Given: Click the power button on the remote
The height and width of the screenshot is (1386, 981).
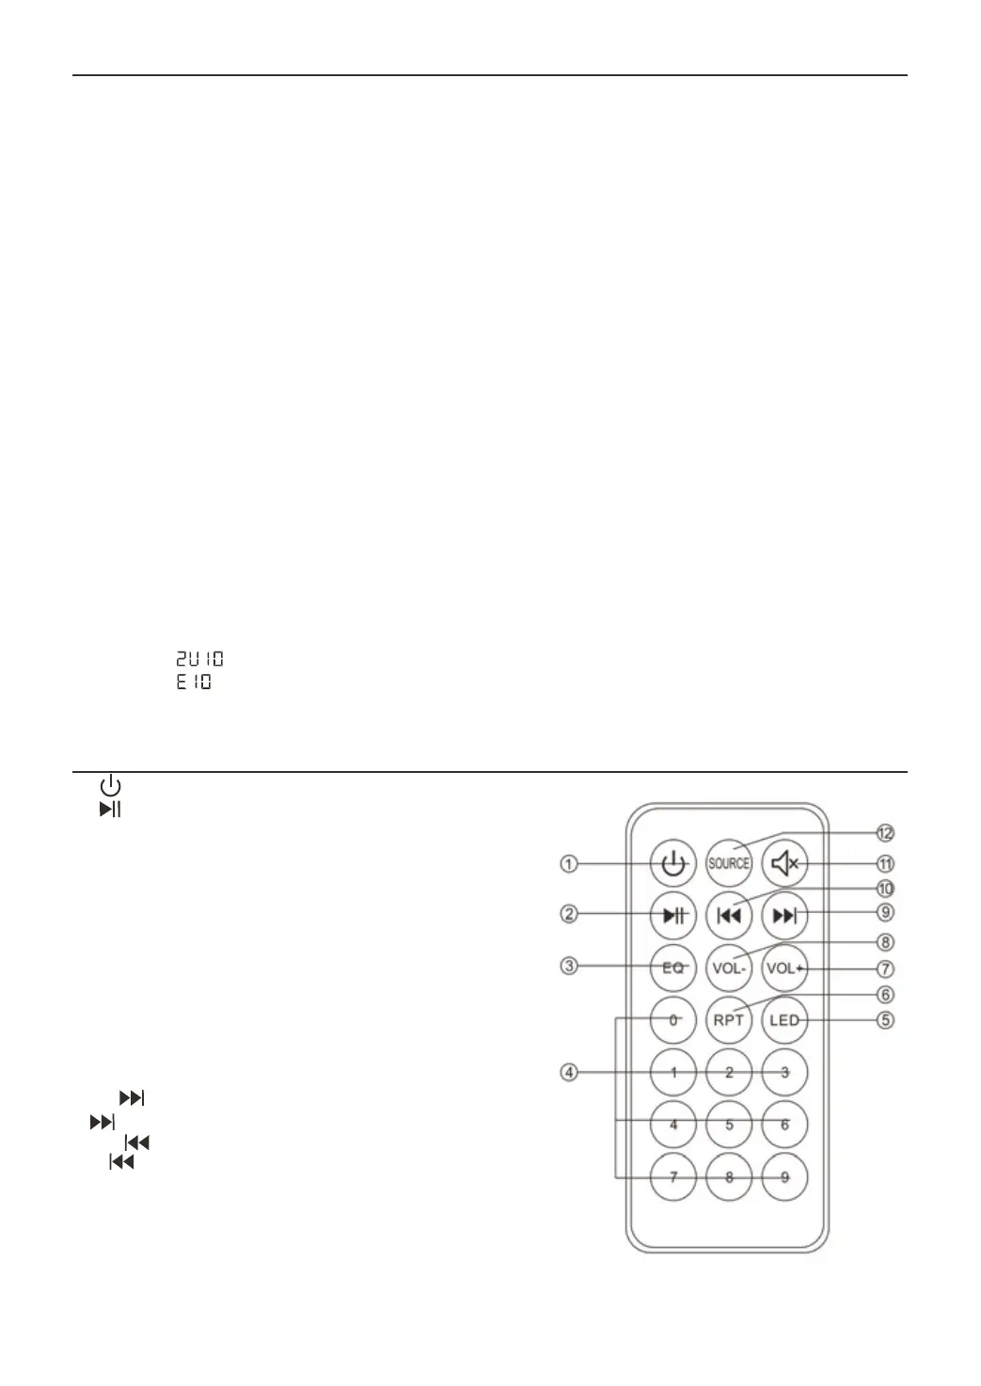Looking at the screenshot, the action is point(672,863).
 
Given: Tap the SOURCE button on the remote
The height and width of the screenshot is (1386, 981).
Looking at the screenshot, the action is point(729,863).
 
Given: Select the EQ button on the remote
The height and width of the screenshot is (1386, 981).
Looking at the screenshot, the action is point(672,968).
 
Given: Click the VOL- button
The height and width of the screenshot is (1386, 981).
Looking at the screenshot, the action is point(729,968).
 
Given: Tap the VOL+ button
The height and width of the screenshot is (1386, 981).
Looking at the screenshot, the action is point(784,968).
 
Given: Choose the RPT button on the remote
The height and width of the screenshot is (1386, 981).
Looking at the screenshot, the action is point(729,1020).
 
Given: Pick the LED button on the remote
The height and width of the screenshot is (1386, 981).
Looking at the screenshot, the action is point(784,1020).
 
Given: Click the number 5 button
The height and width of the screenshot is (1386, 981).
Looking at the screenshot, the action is point(729,1125).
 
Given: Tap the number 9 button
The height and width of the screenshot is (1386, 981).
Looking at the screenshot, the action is point(784,1176).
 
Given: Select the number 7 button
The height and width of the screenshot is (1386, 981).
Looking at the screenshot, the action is point(672,1176).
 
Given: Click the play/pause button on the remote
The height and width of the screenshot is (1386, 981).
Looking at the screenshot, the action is point(672,915).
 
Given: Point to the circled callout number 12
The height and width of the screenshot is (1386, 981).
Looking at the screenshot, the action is point(884,833).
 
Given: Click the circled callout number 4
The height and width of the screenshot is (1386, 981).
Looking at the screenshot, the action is point(569,1072).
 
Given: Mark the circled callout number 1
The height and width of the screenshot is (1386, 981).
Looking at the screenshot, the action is point(569,863).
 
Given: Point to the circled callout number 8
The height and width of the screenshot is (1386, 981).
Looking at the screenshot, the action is point(884,942).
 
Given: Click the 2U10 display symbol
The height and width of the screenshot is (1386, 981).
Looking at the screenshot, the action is point(199,660).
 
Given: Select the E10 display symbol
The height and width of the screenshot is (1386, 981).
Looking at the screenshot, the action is point(194,683).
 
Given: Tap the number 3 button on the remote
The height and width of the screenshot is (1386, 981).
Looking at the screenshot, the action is point(784,1072).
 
